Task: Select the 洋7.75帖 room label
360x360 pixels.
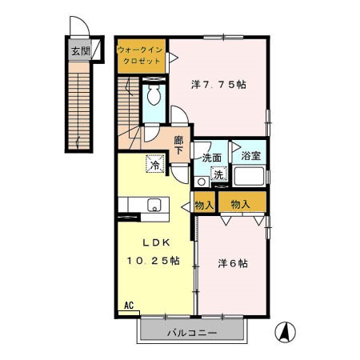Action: [218, 84]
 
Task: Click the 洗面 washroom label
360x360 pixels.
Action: [212, 158]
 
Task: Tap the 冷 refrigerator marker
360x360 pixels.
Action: [153, 164]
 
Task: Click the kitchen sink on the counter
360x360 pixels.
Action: [154, 206]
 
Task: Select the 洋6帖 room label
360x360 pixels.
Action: [233, 263]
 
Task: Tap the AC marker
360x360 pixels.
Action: [129, 305]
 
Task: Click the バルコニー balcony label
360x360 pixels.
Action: [191, 332]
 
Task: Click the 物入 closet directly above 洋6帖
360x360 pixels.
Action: [241, 205]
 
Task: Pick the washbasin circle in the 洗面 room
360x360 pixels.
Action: [202, 182]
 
